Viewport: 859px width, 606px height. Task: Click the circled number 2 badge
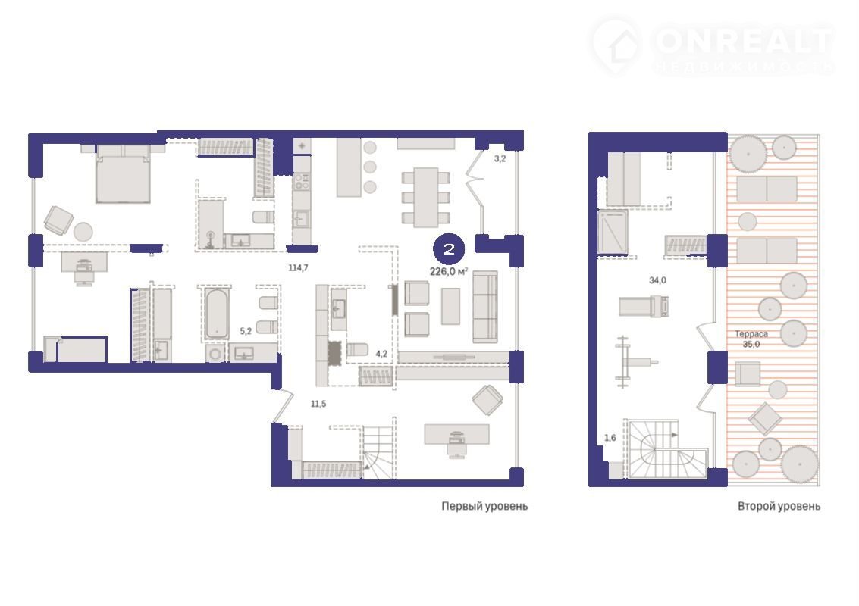[449, 250]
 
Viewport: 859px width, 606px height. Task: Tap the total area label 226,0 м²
[449, 272]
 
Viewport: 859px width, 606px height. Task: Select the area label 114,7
[299, 267]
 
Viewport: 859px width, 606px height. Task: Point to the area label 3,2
[500, 159]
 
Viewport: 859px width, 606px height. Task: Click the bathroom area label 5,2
[246, 331]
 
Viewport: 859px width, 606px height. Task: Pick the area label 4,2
[381, 355]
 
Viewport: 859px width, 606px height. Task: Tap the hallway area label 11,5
[318, 404]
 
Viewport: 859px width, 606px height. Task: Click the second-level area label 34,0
[657, 280]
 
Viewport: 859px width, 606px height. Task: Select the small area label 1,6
[610, 437]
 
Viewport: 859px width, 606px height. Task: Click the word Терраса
[751, 334]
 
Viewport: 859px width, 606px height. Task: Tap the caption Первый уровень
[484, 506]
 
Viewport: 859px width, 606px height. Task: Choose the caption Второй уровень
[779, 506]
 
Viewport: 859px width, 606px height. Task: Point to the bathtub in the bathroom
[217, 314]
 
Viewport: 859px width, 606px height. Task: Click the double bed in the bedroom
[123, 173]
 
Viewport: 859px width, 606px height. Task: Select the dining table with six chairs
[425, 198]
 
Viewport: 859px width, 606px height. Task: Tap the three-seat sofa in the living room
[485, 307]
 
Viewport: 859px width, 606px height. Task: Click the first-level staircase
[378, 452]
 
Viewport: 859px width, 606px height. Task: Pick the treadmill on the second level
[644, 307]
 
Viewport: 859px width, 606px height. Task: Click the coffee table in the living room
[450, 306]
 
